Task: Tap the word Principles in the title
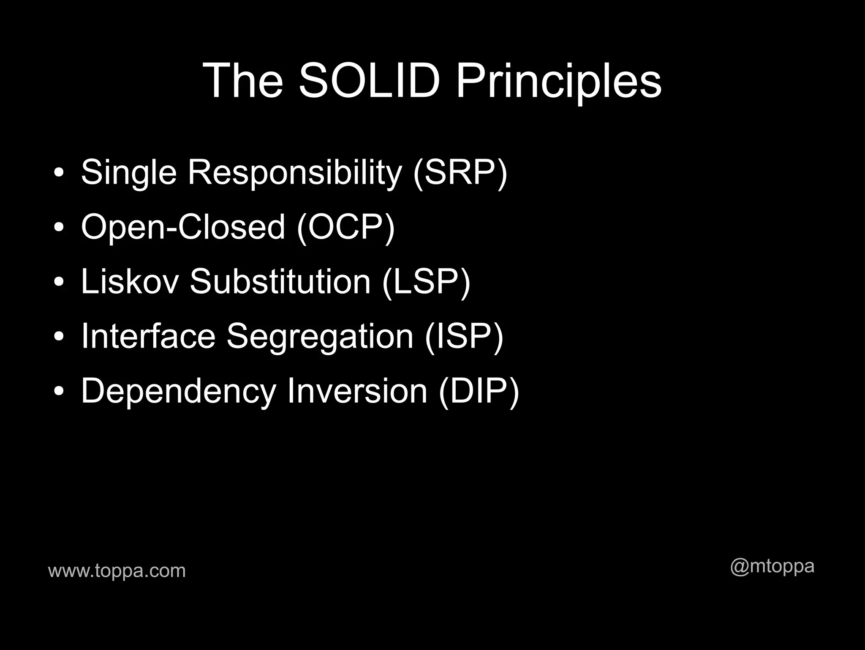pos(558,81)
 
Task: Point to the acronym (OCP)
pos(345,227)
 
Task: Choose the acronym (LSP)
pos(426,282)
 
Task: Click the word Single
pos(128,173)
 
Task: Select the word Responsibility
pos(294,173)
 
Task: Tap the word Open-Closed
pos(183,227)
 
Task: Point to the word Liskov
pos(130,282)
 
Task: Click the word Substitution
pos(280,282)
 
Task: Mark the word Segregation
pos(320,337)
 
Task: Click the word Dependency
pos(178,392)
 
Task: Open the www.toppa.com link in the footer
pos(117,571)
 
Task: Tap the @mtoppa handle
pos(772,566)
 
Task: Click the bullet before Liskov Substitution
pos(59,282)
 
